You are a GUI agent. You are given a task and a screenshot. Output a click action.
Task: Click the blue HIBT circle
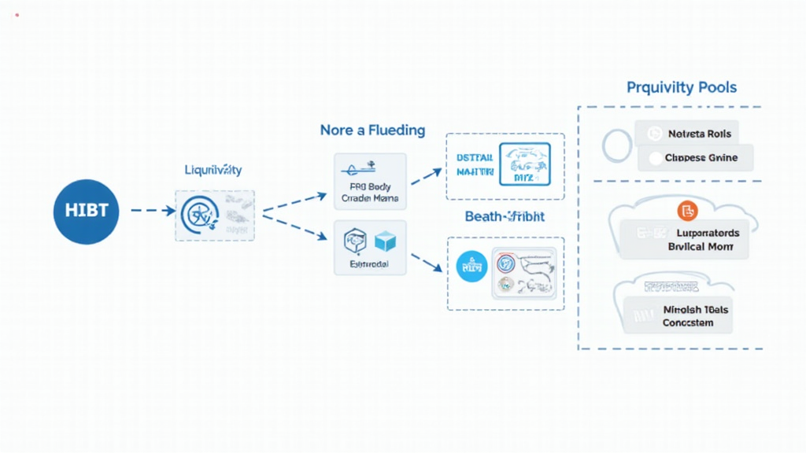(x=86, y=210)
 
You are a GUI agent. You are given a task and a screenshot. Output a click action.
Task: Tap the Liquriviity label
(x=213, y=169)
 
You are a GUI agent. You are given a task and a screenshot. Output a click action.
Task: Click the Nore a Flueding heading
(x=372, y=130)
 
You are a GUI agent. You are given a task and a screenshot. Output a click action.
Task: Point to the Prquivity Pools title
(x=682, y=87)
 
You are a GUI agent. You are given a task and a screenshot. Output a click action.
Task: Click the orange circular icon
(x=687, y=211)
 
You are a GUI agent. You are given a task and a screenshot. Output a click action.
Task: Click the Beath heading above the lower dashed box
(x=505, y=216)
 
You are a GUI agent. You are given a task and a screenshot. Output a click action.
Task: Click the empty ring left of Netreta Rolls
(x=618, y=145)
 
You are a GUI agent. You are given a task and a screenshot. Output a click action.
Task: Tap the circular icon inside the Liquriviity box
(x=196, y=215)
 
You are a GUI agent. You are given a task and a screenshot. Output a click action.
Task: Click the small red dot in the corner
(x=17, y=15)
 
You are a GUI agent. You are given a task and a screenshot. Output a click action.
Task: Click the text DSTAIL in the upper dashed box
(x=475, y=157)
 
